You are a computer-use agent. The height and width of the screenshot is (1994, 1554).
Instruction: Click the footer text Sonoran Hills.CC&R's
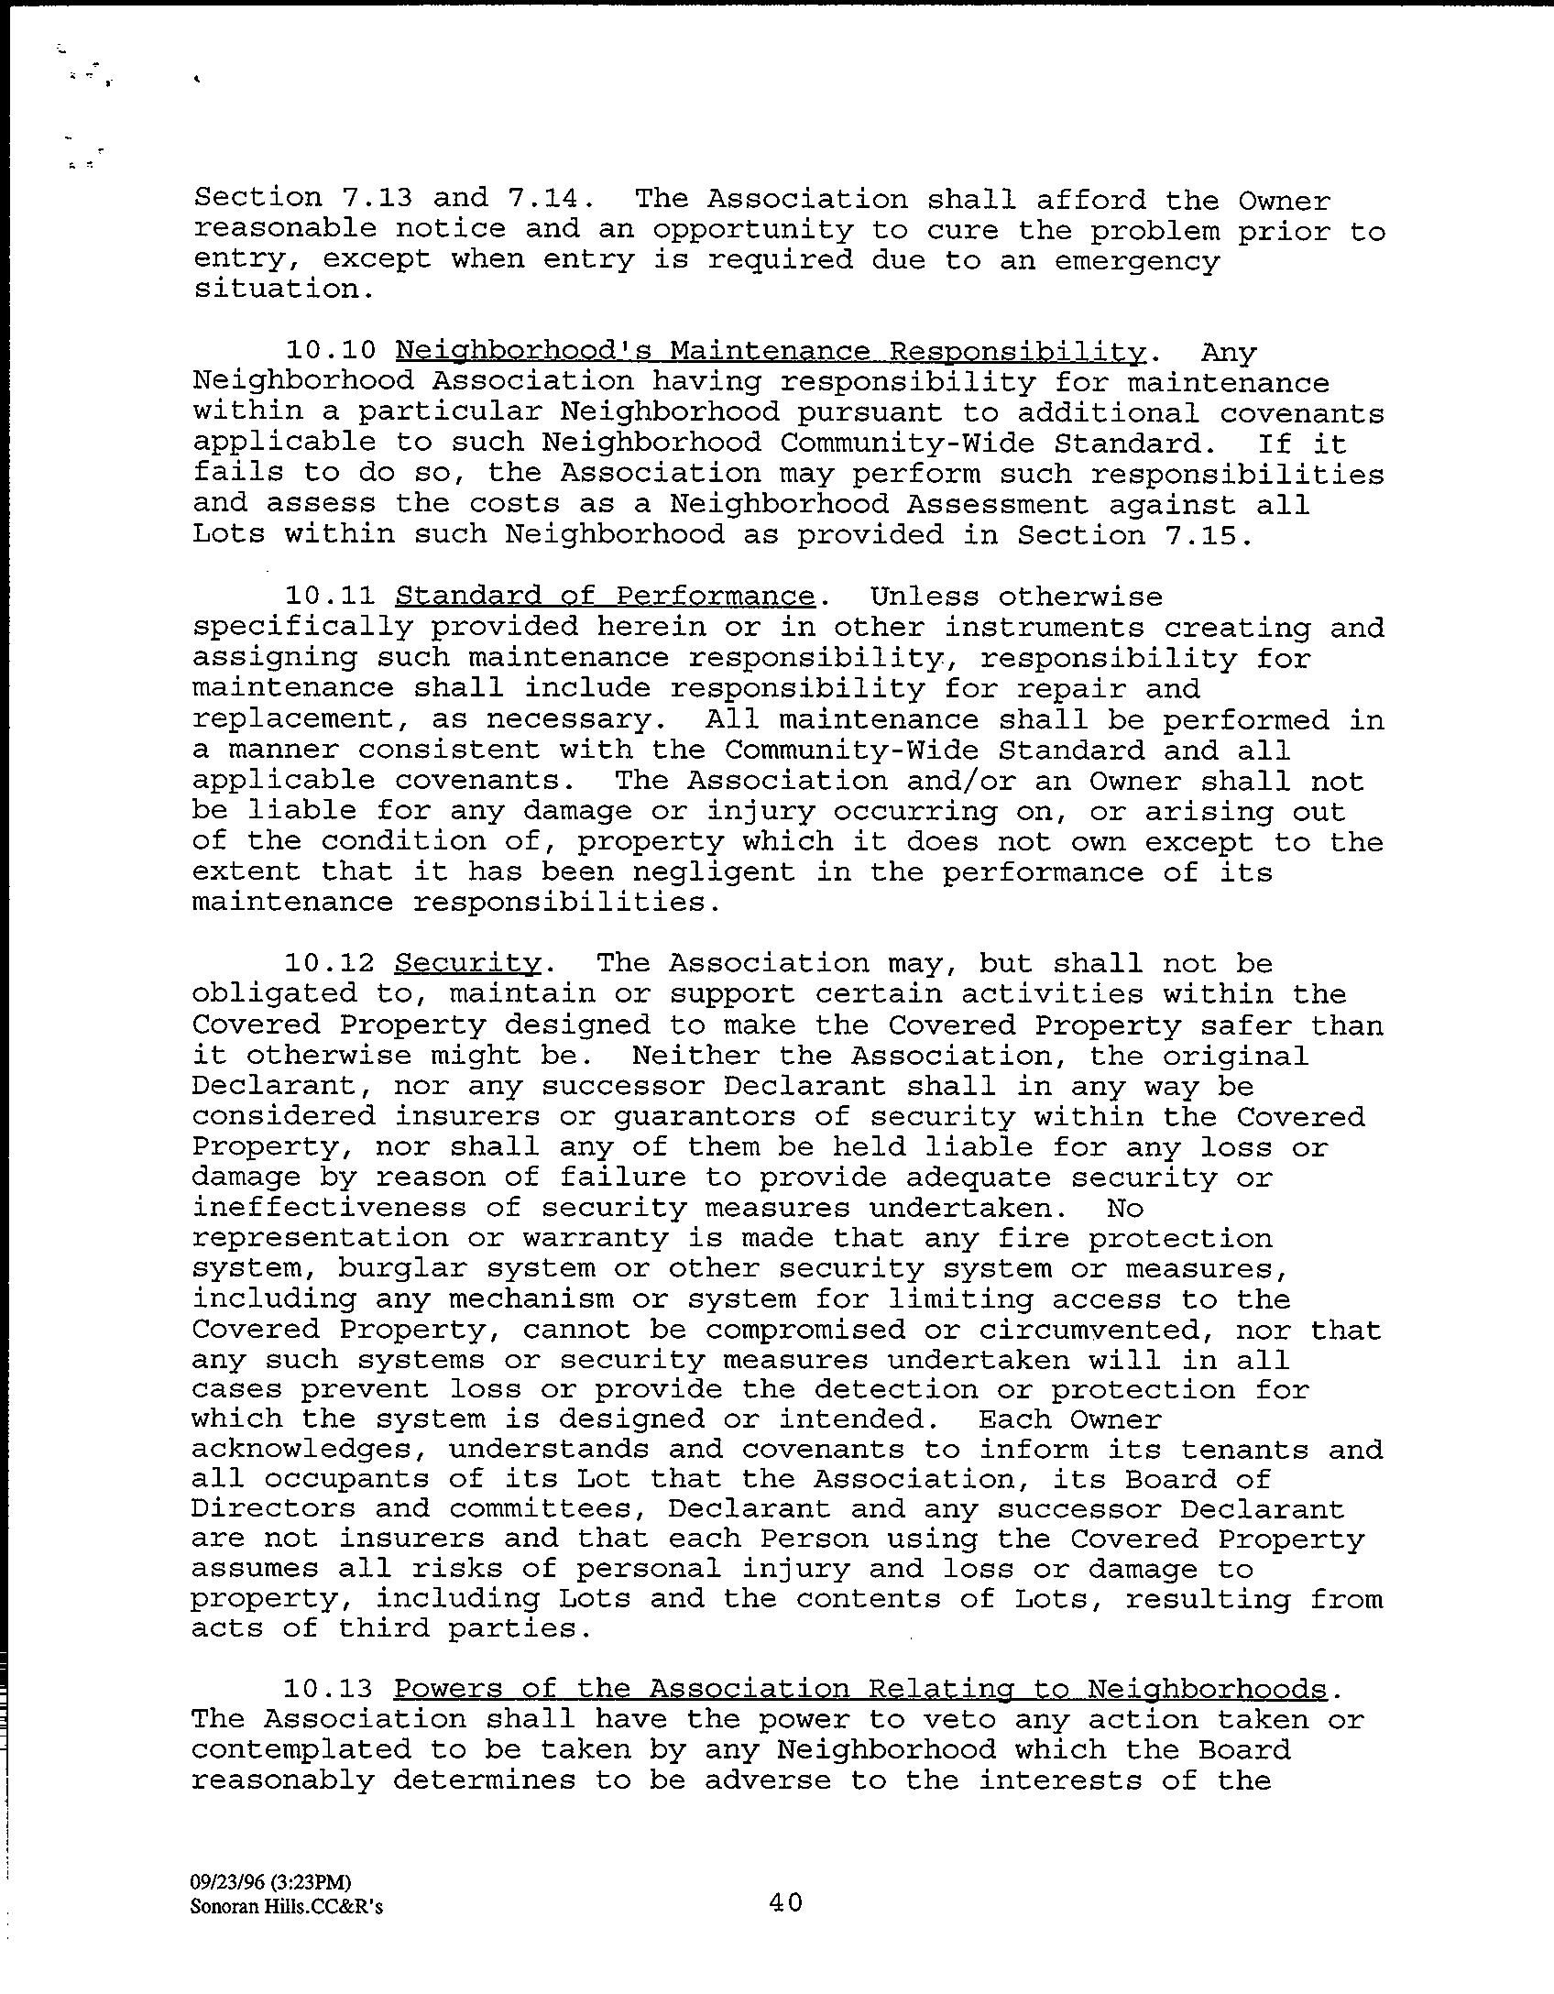pos(286,1907)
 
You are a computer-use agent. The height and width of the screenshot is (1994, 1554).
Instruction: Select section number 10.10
pos(331,352)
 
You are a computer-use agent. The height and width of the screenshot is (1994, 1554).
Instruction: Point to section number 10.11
pos(331,597)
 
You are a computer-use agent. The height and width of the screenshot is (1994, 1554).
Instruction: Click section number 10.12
pos(331,963)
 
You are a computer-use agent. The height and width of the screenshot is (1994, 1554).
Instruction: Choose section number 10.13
pos(331,1689)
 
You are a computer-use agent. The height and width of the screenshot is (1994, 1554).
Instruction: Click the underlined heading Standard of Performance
pos(605,597)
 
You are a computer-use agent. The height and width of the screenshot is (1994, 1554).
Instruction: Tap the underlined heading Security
pos(467,963)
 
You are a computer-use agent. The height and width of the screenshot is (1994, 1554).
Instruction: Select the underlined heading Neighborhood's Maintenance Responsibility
pos(771,352)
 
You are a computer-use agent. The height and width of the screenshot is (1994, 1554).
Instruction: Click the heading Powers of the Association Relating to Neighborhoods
pos(860,1689)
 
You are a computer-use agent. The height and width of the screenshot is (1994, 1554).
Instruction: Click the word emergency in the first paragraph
pos(1136,261)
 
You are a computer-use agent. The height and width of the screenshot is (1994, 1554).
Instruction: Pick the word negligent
pos(668,871)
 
